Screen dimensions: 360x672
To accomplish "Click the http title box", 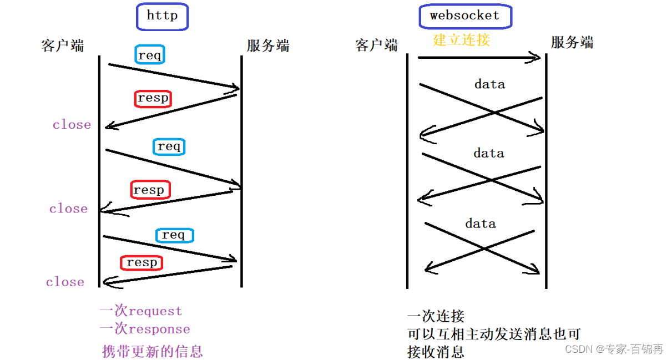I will [162, 16].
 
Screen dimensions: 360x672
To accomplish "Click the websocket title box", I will [464, 16].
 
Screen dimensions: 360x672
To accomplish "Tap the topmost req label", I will [150, 55].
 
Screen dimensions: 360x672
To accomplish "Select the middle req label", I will [169, 146].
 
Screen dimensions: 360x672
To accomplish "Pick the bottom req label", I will [174, 235].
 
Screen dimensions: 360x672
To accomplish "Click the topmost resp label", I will [153, 98].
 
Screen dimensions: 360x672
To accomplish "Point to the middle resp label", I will [149, 190].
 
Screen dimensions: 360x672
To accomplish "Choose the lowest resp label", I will [142, 262].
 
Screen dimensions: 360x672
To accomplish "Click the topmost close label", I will [72, 125].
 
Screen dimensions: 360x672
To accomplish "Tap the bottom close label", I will [65, 282].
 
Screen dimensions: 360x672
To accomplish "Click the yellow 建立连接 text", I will [462, 40].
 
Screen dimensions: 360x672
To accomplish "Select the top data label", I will [489, 84].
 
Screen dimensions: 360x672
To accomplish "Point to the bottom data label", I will [481, 224].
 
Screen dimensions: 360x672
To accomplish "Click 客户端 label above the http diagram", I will [63, 45].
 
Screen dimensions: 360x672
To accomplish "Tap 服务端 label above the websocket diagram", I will [572, 43].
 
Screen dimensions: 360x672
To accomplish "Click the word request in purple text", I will [155, 311].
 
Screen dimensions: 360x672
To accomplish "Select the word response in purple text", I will [159, 329].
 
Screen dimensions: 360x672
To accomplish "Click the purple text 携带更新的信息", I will [153, 351].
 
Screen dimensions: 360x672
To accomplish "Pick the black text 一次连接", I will [436, 316].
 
